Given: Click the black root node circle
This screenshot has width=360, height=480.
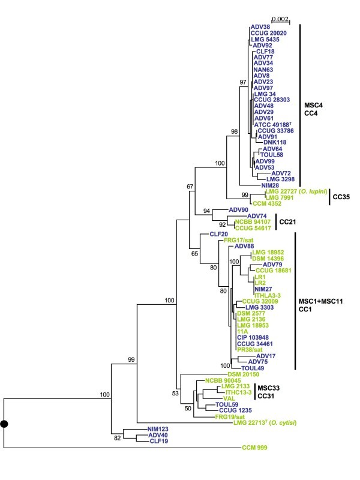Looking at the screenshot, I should point(4,424).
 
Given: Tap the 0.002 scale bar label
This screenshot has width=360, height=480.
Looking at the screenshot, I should point(280,19).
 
